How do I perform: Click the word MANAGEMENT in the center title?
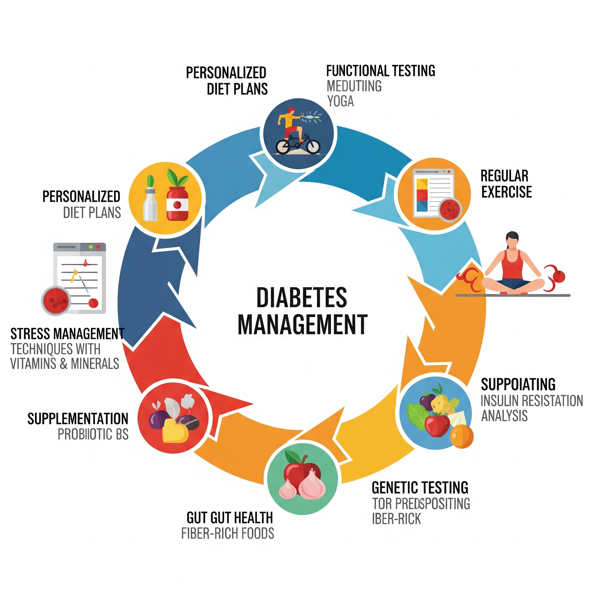coord(302,325)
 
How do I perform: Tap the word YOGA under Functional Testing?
coord(340,101)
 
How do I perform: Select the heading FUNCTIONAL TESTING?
coord(381,71)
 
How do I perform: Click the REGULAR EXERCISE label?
coord(506,184)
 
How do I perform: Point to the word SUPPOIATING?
coord(518,384)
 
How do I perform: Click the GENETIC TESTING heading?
coord(420,487)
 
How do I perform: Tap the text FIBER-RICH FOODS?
coord(228,533)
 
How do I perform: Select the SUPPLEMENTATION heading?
coord(78,419)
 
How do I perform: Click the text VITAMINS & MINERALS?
coord(64,364)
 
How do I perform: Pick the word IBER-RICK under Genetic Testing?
coord(396,519)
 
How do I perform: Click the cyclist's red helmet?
coord(291,110)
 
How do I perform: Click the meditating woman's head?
coord(512,239)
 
